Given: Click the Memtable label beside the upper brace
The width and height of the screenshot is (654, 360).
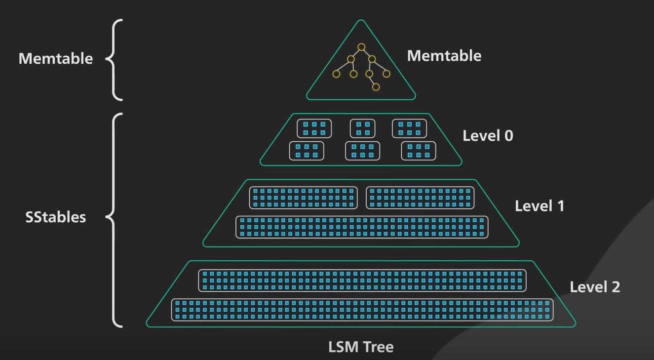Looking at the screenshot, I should click(55, 59).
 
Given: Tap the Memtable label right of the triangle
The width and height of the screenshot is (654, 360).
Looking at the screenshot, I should click(444, 56).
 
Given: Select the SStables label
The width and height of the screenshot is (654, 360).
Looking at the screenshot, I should click(55, 217).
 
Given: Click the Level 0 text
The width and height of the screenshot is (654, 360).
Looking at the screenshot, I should click(487, 136).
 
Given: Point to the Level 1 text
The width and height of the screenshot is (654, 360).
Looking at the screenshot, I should click(539, 206).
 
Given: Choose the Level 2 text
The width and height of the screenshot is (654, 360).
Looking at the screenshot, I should click(594, 287).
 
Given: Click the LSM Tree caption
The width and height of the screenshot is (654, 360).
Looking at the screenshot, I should click(361, 347).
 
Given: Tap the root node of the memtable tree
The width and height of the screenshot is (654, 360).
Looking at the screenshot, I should click(361, 47).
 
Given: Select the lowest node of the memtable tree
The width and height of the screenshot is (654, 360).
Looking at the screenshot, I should click(376, 87).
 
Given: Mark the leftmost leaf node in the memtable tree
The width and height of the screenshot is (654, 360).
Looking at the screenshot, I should click(337, 74).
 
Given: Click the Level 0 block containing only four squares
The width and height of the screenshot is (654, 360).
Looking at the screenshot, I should click(362, 128).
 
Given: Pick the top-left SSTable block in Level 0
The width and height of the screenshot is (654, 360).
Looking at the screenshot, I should click(314, 128).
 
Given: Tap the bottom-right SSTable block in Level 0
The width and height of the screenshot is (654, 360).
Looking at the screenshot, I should click(419, 151).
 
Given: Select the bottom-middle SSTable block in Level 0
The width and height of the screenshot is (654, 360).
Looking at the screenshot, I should click(362, 151).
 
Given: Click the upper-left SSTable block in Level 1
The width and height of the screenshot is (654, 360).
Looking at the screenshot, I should click(303, 198).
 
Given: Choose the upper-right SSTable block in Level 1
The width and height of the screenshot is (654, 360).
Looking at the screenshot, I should click(420, 198).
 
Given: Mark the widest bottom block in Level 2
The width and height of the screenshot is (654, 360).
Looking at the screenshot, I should click(362, 310).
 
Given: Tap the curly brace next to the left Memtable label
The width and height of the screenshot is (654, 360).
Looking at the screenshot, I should click(114, 59).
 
